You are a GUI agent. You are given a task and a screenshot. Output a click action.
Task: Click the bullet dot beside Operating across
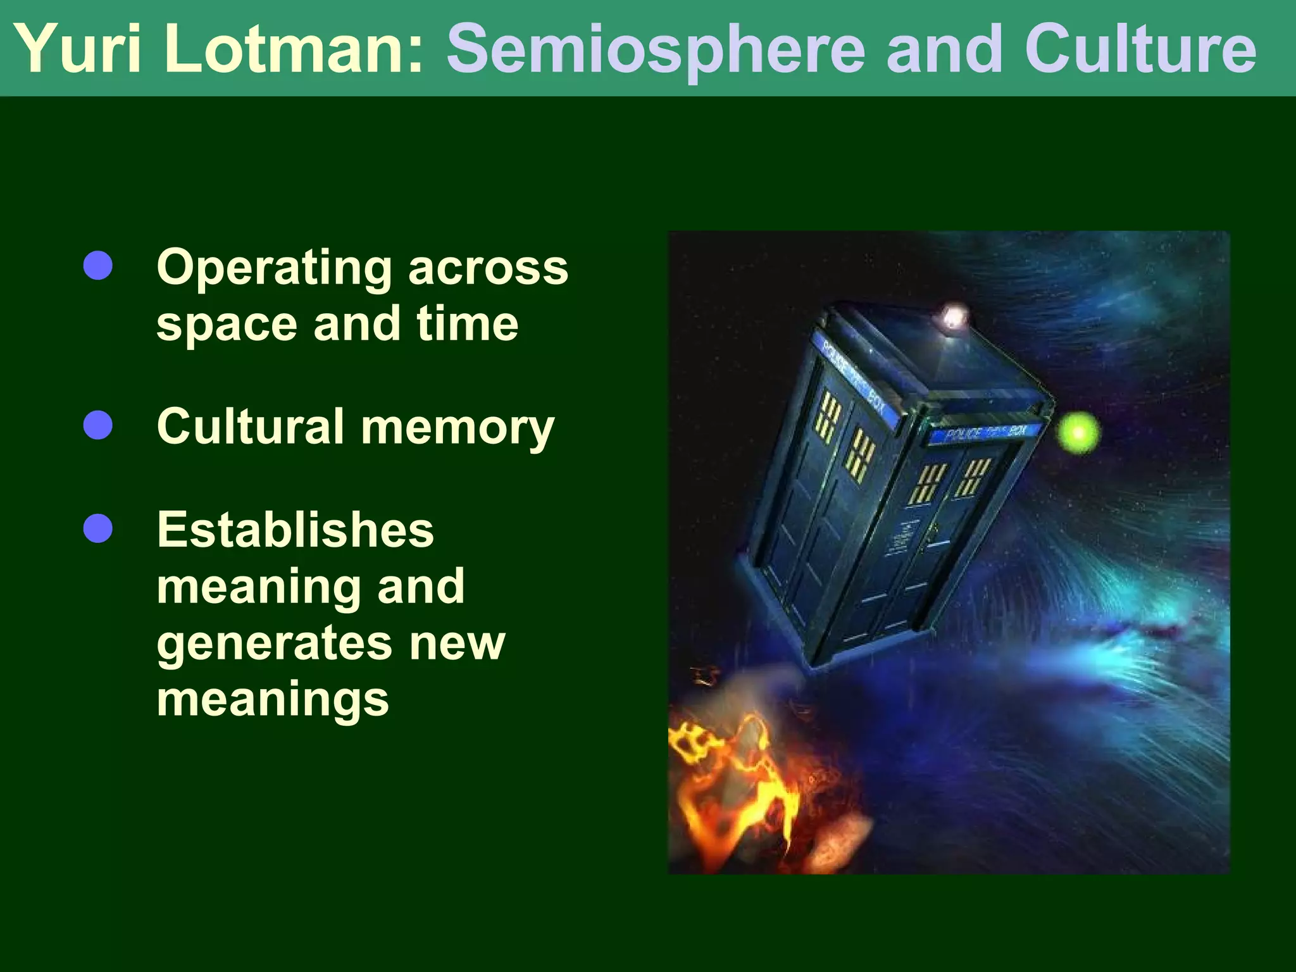[98, 266]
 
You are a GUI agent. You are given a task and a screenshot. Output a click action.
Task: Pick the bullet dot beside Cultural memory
[98, 425]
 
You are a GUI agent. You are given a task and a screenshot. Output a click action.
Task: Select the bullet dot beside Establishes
[98, 529]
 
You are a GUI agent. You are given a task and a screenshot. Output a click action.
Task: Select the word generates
[274, 644]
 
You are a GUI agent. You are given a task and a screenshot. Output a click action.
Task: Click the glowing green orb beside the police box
[1078, 433]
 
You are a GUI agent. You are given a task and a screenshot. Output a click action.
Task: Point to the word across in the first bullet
[488, 267]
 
